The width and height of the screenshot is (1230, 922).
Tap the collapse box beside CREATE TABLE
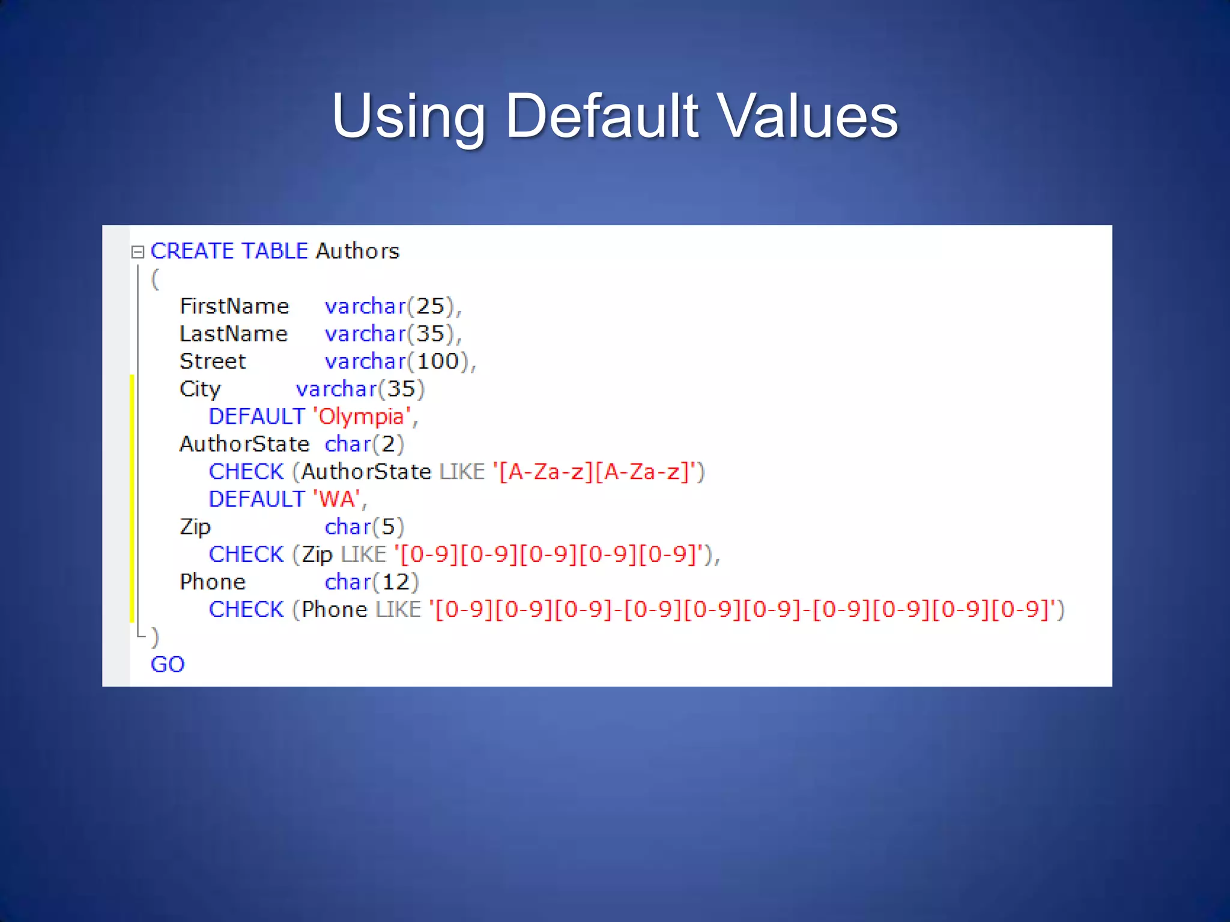pos(138,252)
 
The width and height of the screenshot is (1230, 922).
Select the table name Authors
pos(358,251)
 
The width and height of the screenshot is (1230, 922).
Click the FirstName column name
pos(234,307)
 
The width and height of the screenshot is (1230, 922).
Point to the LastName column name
pos(234,334)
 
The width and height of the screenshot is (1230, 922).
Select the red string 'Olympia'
pos(362,417)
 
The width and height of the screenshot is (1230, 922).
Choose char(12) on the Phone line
pos(371,582)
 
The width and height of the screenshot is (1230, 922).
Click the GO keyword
pos(168,664)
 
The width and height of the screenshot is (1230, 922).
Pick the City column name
pos(200,390)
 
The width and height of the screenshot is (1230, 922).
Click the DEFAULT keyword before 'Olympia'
pos(256,417)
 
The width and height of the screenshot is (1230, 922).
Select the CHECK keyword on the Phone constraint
pos(246,610)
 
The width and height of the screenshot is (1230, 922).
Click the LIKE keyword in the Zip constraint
pos(363,555)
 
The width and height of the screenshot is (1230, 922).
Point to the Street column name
pos(213,361)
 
